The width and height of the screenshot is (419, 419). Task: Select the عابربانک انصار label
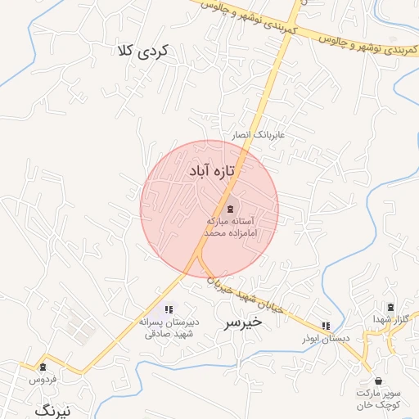click(x=260, y=134)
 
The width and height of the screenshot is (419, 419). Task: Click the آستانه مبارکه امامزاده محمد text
click(x=231, y=228)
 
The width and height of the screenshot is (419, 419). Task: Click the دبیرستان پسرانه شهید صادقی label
click(x=167, y=328)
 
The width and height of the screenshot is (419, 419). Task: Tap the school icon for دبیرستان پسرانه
click(x=169, y=309)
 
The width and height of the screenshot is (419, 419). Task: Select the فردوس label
click(x=42, y=380)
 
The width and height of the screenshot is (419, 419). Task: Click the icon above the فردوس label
click(x=43, y=366)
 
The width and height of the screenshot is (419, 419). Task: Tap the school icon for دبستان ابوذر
click(x=327, y=325)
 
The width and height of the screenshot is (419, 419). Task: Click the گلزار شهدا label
click(x=390, y=318)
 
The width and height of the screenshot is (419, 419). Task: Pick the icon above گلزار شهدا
click(x=390, y=307)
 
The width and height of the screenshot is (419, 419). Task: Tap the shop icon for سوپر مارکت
click(x=378, y=381)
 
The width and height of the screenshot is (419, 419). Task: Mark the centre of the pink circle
click(x=209, y=209)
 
